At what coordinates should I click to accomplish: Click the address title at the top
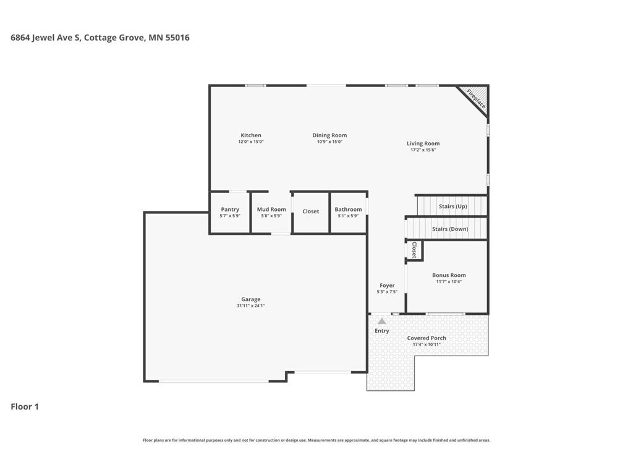[x=100, y=38]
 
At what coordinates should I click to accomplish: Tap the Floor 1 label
[x=25, y=406]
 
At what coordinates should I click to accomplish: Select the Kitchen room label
[x=251, y=135]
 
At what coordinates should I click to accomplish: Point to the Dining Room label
[x=329, y=135]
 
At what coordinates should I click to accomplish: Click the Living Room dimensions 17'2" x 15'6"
[x=423, y=150]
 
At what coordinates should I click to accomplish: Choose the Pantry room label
[x=230, y=210]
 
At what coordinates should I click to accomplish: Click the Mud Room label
[x=271, y=210]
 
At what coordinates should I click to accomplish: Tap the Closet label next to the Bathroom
[x=311, y=212]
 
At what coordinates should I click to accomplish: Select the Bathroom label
[x=348, y=210]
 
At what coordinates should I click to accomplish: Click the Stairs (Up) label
[x=453, y=207]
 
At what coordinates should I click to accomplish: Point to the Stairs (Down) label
[x=450, y=229]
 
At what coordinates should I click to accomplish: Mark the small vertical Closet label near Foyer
[x=414, y=250]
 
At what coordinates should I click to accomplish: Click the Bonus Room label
[x=449, y=275]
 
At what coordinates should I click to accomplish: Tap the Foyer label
[x=387, y=286]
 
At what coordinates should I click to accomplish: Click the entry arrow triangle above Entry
[x=382, y=321]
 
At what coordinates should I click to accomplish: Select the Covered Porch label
[x=427, y=338]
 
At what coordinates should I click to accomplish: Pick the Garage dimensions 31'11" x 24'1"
[x=251, y=306]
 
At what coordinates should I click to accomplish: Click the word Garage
[x=251, y=299]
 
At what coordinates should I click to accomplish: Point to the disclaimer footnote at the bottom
[x=316, y=440]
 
